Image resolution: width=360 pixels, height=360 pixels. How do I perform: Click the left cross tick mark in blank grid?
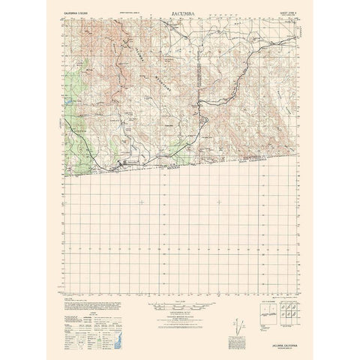point(140,202)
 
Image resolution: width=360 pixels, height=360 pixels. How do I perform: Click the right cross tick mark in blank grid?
point(218,202)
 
